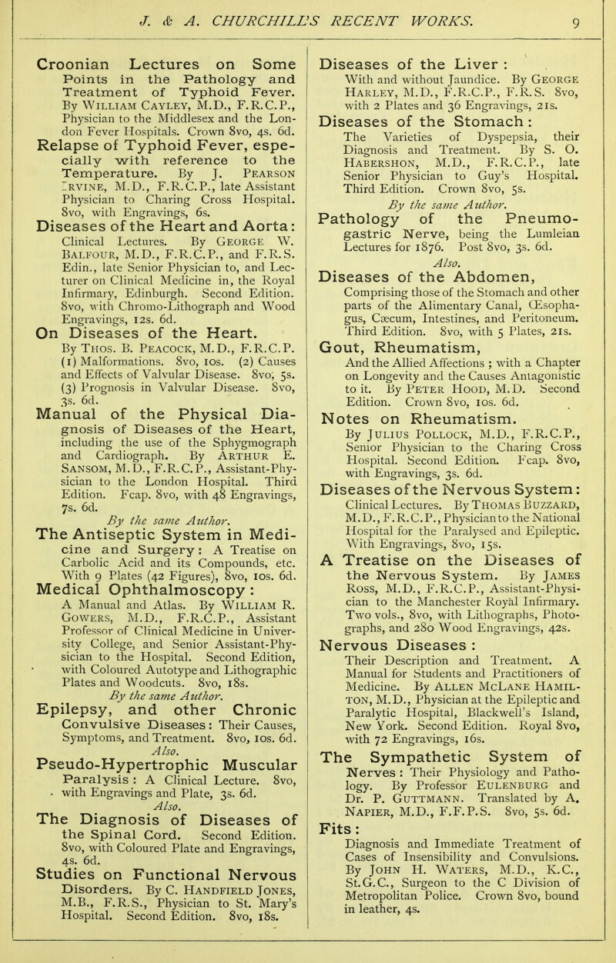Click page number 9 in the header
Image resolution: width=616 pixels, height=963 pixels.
click(589, 12)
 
